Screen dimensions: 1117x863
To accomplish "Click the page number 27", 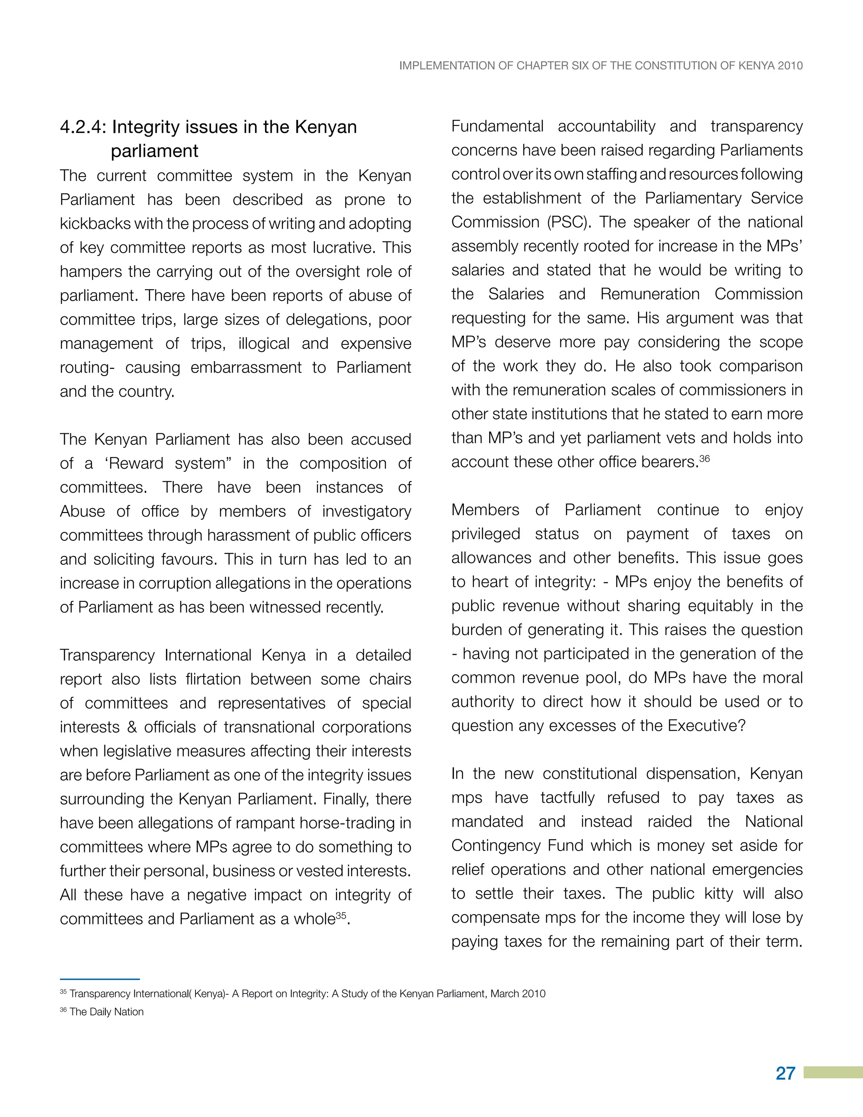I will (785, 1073).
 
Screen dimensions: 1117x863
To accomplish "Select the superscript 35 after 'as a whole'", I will (341, 916).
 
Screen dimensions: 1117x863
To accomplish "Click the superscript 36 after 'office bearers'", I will (705, 458).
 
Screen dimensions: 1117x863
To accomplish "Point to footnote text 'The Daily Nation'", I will (106, 1012).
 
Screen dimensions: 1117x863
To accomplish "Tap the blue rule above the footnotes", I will (100, 979).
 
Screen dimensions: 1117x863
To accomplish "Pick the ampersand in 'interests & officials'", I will (132, 727).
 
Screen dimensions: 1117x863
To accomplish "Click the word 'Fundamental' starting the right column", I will (497, 126).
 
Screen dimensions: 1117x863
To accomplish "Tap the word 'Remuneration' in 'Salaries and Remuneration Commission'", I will (650, 294).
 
